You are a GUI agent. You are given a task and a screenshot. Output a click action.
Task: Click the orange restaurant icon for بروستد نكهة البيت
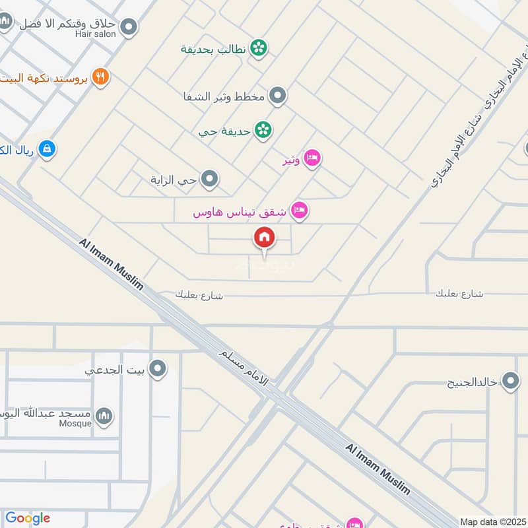click(x=100, y=77)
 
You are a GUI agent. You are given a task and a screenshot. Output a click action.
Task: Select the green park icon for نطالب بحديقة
click(x=259, y=48)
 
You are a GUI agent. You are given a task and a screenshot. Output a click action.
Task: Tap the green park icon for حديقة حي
click(x=263, y=130)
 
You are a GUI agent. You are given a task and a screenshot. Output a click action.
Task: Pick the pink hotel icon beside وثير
click(x=313, y=158)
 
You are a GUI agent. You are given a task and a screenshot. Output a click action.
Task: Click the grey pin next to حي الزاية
click(x=210, y=179)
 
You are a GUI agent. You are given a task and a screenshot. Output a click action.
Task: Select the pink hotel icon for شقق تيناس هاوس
click(x=300, y=211)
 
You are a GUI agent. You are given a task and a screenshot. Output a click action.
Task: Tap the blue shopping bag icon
click(x=46, y=149)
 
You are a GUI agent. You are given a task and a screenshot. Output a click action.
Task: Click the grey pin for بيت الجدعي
click(x=158, y=369)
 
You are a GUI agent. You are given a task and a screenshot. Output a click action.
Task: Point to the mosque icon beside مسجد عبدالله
click(x=104, y=416)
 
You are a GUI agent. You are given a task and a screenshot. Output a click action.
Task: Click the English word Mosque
click(x=76, y=424)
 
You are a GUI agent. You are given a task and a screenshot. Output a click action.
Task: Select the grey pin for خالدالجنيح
click(x=510, y=381)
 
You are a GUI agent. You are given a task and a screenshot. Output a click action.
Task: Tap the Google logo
click(x=27, y=518)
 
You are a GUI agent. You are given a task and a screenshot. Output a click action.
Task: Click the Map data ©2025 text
click(x=492, y=521)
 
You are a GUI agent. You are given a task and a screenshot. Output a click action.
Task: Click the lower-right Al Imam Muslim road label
click(x=378, y=469)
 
